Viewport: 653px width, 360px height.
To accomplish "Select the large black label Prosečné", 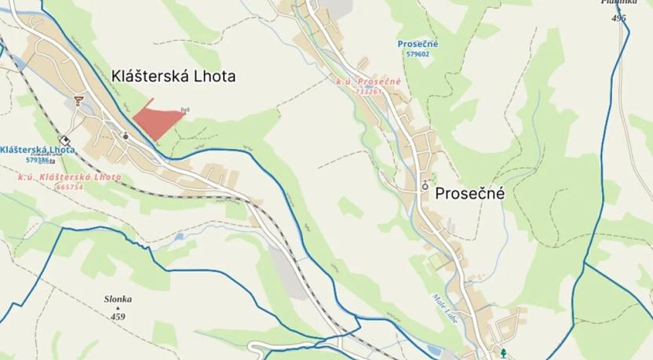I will coord(469,193).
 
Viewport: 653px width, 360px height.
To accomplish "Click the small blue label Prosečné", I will coord(418,44).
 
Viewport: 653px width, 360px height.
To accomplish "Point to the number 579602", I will coord(418,54).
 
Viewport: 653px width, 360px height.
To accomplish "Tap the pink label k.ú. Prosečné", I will coord(368,82).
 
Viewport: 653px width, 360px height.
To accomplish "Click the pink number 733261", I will coord(368,91).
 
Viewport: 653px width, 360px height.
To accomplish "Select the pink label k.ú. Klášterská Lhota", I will coord(70,177).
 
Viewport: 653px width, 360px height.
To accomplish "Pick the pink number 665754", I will coord(70,187).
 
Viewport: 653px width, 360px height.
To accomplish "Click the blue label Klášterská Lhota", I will coord(38,149).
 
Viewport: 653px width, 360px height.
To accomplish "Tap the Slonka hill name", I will coord(118,299).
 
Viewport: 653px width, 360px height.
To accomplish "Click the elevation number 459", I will coord(118,317).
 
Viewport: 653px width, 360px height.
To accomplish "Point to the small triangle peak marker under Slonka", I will coord(118,308).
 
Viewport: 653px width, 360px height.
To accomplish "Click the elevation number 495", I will coord(619,17).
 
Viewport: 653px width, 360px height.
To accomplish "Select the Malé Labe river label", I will coord(440,305).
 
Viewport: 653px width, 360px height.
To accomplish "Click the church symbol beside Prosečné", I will coord(425,186).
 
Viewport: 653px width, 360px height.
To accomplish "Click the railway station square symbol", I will coord(64,140).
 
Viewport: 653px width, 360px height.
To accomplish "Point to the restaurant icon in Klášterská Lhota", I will coord(78,100).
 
